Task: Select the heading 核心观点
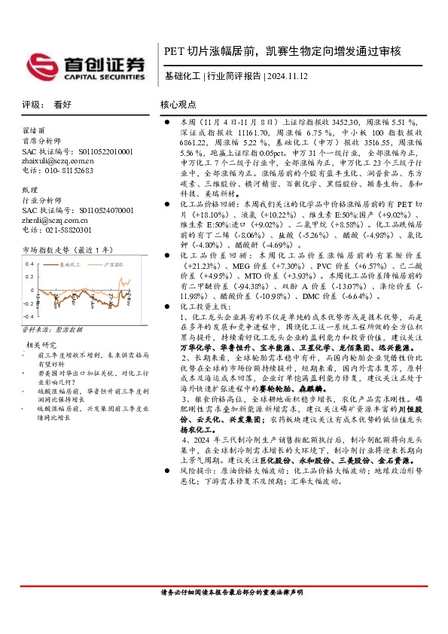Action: click(178, 105)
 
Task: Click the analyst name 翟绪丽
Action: click(34, 130)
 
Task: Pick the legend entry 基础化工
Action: click(72, 264)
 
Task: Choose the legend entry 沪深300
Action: click(114, 264)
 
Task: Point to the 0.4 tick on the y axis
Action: click(29, 264)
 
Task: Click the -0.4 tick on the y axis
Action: click(29, 325)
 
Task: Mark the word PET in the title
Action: click(175, 52)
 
